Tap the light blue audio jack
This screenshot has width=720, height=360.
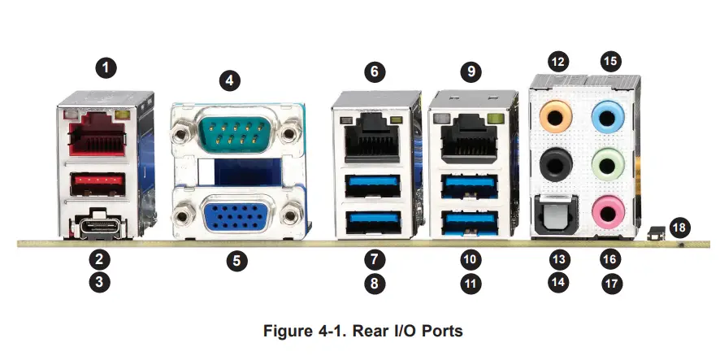pyautogui.click(x=606, y=116)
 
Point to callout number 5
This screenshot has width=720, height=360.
pyautogui.click(x=236, y=262)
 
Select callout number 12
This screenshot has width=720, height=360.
pyautogui.click(x=557, y=61)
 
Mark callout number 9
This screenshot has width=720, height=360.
pyautogui.click(x=469, y=71)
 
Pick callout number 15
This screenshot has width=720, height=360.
pyautogui.click(x=609, y=61)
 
